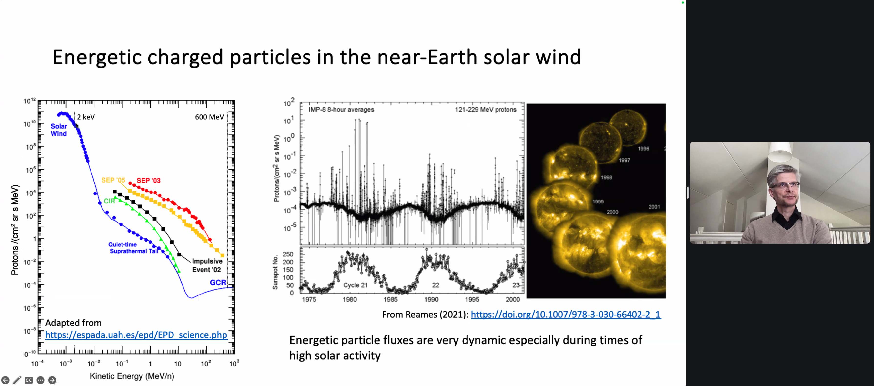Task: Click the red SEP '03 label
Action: click(148, 181)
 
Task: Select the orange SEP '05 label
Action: click(113, 180)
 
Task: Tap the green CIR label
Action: click(109, 201)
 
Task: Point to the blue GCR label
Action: click(218, 283)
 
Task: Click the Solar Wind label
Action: click(59, 130)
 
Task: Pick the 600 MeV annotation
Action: click(209, 117)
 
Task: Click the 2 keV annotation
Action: click(86, 117)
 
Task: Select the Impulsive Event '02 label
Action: click(207, 265)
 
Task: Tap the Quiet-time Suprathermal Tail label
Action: click(133, 248)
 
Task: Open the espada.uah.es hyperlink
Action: click(136, 335)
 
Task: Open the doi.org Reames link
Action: click(566, 315)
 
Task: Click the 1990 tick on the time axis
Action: click(431, 300)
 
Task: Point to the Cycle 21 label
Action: click(355, 285)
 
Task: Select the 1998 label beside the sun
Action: click(606, 177)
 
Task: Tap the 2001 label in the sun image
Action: click(654, 207)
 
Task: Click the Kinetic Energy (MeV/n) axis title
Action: click(132, 376)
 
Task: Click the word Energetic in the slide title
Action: click(97, 57)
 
